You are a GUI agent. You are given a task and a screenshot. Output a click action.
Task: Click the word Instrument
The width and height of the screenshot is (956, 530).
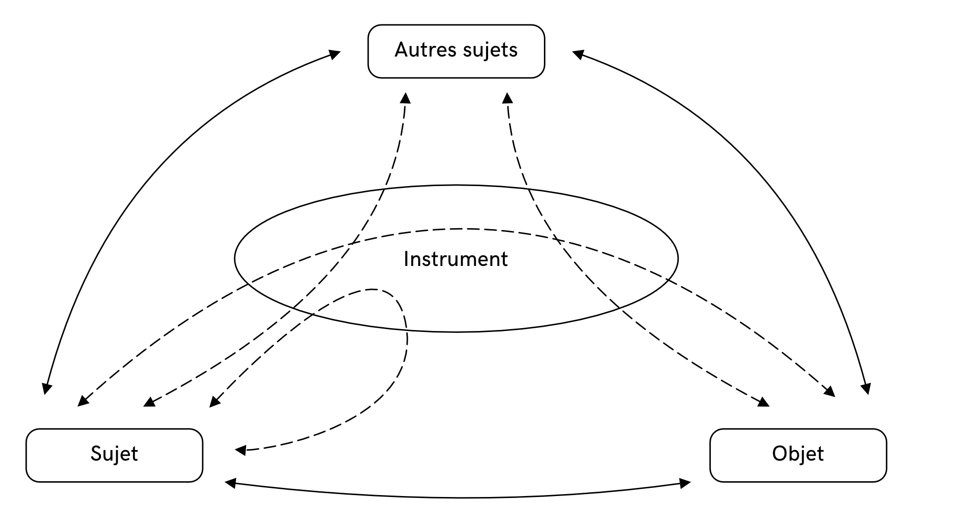(x=456, y=259)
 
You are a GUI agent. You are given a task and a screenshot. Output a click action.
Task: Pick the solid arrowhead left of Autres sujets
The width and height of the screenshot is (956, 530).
(x=335, y=54)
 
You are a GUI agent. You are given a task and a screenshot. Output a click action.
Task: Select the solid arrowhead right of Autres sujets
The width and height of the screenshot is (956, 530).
(x=578, y=54)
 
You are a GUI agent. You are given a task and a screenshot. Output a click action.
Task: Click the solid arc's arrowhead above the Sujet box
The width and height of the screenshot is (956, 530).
(x=46, y=389)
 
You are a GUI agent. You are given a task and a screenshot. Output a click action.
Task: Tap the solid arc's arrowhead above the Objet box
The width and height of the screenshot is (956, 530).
(x=866, y=389)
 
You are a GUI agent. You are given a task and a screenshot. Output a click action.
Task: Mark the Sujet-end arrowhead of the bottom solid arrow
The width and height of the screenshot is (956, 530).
(x=230, y=484)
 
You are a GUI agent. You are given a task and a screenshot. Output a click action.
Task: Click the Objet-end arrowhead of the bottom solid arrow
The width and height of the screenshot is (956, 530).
(x=685, y=484)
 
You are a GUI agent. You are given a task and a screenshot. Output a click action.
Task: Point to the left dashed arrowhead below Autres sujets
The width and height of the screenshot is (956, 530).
(x=405, y=98)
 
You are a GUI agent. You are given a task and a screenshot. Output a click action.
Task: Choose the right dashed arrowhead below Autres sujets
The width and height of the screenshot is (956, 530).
(x=508, y=98)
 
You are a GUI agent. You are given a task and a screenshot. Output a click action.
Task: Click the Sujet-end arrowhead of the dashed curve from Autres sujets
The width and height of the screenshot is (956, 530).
(x=149, y=402)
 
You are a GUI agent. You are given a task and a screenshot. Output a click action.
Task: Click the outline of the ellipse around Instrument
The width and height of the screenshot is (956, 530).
(x=456, y=185)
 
